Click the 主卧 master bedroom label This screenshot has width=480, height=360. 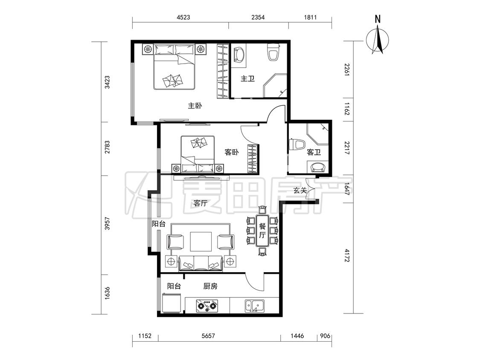pos(195,106)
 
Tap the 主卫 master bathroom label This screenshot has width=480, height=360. pos(247,78)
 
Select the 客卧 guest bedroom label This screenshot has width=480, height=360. pos(232,152)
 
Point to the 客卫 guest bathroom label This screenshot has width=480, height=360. pos(314,152)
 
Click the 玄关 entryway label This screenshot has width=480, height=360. pos(300,190)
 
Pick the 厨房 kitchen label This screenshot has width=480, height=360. pos(210,286)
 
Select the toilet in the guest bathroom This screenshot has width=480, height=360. pos(297,145)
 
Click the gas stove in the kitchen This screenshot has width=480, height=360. pos(207,306)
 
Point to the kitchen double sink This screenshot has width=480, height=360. pos(255,306)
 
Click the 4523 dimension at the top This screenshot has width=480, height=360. pos(183,17)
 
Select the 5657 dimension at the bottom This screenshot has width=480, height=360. pos(208,336)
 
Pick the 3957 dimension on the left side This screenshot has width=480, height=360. pos(107,224)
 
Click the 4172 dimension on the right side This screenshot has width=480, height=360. pos(347,255)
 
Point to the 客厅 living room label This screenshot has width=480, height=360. pos(201,203)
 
